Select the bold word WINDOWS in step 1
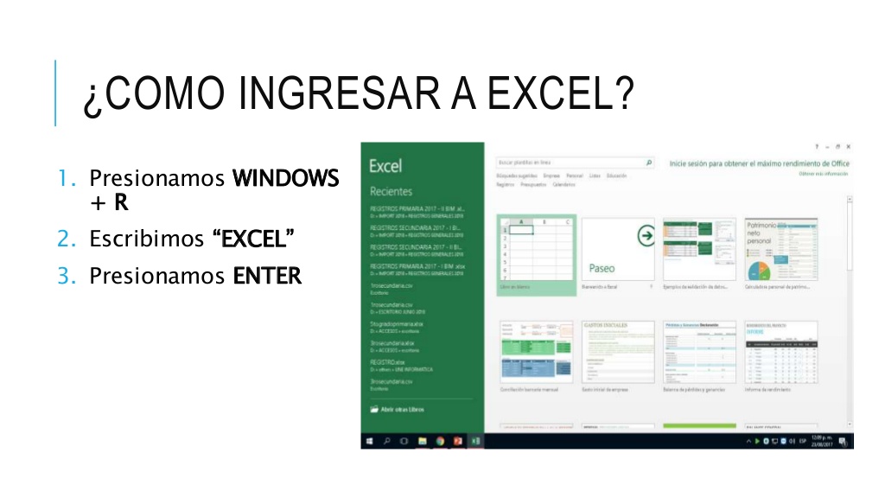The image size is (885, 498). [x=286, y=179]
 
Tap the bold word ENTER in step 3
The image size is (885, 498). [x=267, y=276]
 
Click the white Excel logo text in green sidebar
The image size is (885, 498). [x=385, y=165]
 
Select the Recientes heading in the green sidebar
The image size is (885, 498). [x=391, y=191]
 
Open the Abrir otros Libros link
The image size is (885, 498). [x=402, y=409]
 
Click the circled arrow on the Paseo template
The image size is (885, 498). [x=645, y=235]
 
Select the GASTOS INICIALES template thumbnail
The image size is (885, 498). [x=617, y=352]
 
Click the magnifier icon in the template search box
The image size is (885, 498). [x=649, y=162]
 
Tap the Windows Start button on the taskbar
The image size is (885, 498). [x=369, y=441]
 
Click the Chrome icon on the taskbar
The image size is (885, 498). [x=440, y=441]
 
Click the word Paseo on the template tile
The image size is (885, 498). [x=602, y=268]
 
